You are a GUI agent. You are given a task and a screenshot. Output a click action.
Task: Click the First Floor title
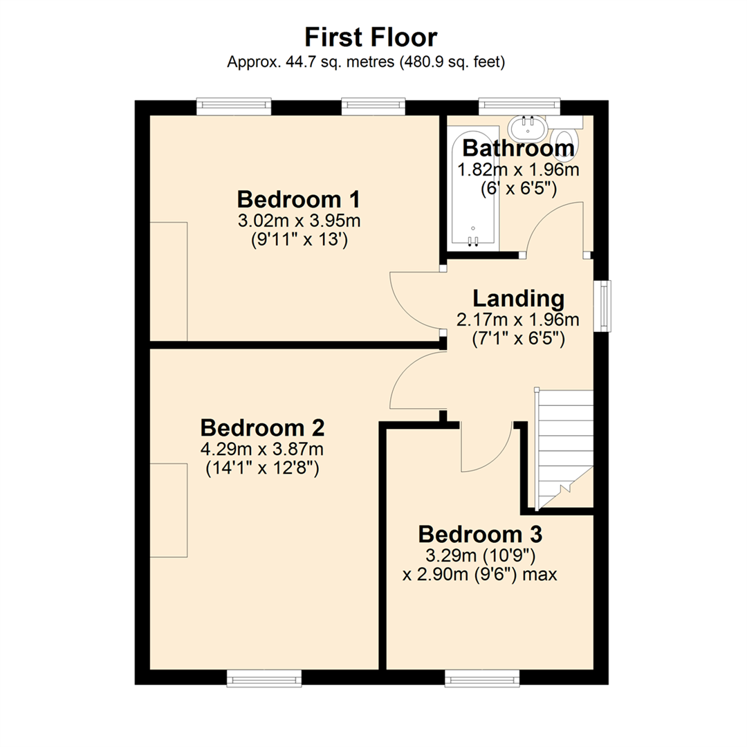click(371, 37)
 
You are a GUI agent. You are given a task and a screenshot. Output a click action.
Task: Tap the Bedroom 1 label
click(299, 200)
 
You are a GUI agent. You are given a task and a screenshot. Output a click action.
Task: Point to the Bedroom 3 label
click(480, 535)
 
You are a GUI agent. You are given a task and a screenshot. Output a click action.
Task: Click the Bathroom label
click(518, 148)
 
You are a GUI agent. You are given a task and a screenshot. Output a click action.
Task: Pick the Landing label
click(518, 299)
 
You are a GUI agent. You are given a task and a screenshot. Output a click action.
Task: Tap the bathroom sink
click(527, 129)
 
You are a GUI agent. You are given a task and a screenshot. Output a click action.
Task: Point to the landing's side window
click(606, 305)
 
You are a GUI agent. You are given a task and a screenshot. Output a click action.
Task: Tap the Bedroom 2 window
click(265, 679)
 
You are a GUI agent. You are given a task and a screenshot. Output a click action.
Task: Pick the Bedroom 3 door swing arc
click(488, 450)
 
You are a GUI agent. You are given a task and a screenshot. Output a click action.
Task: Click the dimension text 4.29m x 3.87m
click(262, 450)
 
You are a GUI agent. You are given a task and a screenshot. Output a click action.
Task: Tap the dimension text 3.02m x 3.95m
click(299, 222)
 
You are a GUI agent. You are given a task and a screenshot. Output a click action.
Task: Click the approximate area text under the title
click(367, 62)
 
